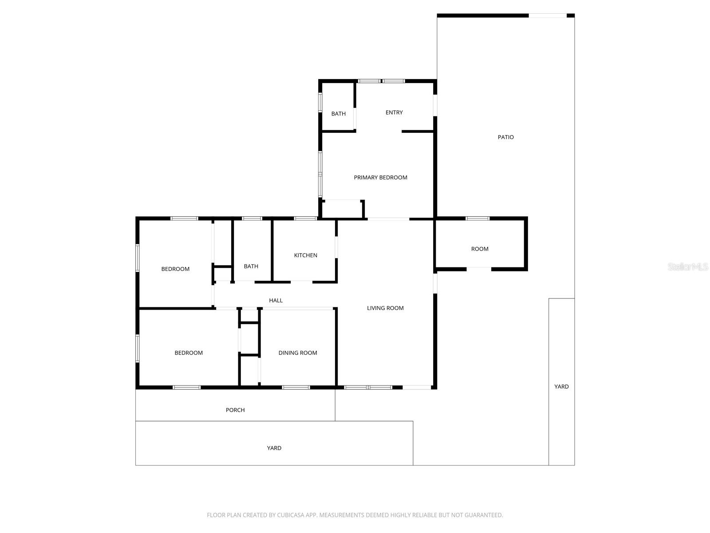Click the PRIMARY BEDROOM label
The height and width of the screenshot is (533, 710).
click(x=380, y=178)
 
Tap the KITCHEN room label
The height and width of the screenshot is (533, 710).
click(x=305, y=255)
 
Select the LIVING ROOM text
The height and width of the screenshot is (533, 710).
click(x=385, y=308)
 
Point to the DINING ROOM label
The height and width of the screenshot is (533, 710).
click(x=298, y=353)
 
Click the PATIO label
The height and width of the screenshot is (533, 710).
click(x=505, y=137)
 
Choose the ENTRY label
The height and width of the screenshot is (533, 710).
click(x=394, y=113)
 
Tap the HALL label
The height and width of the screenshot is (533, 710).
click(x=276, y=301)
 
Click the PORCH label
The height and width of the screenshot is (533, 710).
click(x=235, y=410)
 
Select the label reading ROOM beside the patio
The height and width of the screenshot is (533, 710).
click(x=480, y=249)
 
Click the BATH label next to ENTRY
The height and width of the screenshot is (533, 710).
click(x=338, y=114)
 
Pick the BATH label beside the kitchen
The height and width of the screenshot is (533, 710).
click(x=251, y=266)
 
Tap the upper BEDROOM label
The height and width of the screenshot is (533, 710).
click(x=175, y=269)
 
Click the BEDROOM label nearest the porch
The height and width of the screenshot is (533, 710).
click(x=189, y=353)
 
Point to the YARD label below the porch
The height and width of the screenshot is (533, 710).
click(x=274, y=448)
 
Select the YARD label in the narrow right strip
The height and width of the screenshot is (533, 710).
click(x=561, y=387)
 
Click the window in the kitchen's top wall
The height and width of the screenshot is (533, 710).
click(x=305, y=218)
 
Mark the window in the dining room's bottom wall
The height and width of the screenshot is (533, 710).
click(x=296, y=387)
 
